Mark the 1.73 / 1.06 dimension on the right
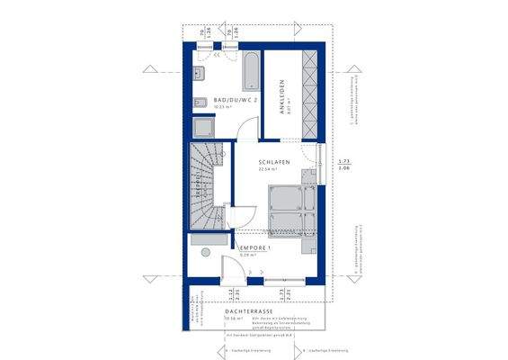click(343, 164)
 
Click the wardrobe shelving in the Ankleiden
click(310, 94)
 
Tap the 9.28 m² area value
click(248, 255)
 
